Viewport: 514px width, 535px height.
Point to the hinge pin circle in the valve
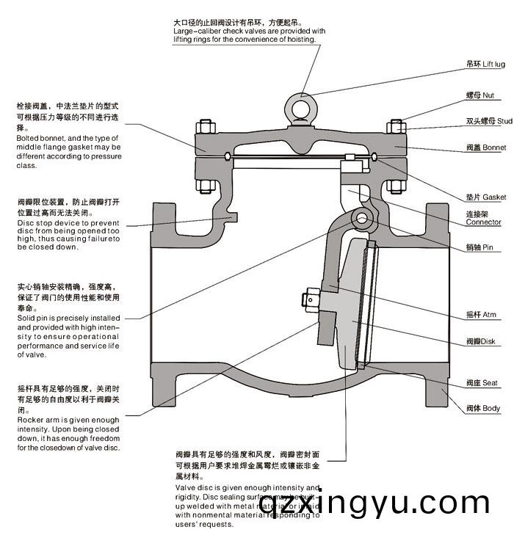pos(361,217)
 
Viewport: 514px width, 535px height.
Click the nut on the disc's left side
pos(308,299)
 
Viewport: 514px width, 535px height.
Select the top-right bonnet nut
pos(397,126)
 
